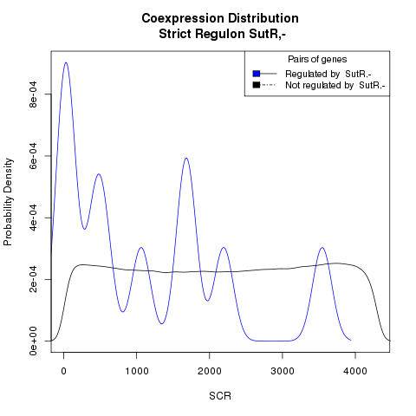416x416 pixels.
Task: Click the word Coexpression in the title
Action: click(x=183, y=18)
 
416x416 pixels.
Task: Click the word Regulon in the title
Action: click(x=220, y=34)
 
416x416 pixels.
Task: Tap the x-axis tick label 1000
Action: click(x=137, y=371)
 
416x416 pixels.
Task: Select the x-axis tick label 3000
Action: click(x=283, y=371)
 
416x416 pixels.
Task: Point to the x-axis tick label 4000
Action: click(x=355, y=371)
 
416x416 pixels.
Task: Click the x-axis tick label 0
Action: click(x=64, y=371)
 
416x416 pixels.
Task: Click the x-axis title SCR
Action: click(x=220, y=396)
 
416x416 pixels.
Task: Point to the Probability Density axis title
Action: click(x=8, y=202)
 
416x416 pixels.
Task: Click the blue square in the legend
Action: click(x=257, y=74)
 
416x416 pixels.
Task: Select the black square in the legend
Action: click(x=257, y=85)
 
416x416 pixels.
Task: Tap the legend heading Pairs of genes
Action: click(x=317, y=59)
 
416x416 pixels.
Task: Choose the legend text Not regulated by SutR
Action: click(x=335, y=86)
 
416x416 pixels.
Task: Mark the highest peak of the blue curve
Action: click(x=66, y=62)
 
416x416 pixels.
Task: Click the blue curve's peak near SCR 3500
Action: click(x=322, y=248)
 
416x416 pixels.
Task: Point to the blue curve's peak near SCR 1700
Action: click(x=186, y=158)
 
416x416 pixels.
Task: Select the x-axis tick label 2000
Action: click(x=210, y=371)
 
